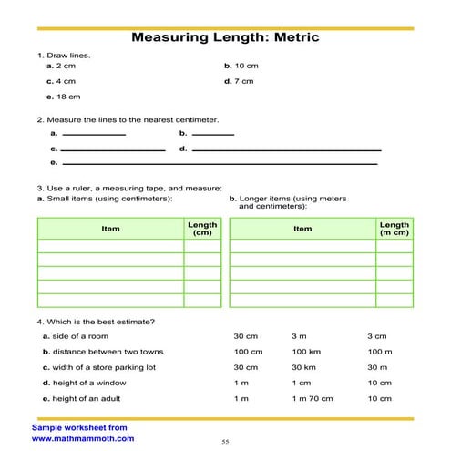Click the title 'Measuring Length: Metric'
226,38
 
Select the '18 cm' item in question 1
66,96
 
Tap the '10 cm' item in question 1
246,67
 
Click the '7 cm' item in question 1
243,81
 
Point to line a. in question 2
92,135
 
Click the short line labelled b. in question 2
213,135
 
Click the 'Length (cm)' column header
201,229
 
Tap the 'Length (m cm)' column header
395,229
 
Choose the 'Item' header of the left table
110,229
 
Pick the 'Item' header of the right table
302,229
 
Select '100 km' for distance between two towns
304,352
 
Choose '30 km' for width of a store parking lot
302,367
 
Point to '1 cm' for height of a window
301,383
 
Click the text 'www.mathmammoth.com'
83,438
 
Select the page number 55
225,442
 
